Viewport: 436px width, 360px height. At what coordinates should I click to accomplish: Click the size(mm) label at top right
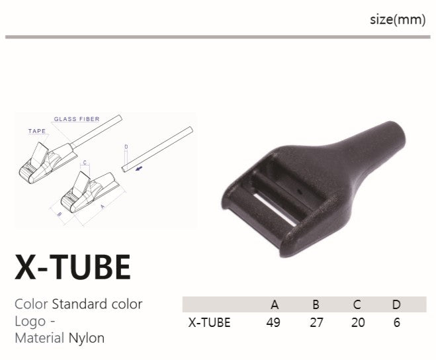coord(398,19)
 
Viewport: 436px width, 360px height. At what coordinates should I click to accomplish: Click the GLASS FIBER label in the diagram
coord(77,119)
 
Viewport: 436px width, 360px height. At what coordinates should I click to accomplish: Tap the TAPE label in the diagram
coord(37,131)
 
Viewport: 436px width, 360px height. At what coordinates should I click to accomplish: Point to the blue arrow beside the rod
coord(139,168)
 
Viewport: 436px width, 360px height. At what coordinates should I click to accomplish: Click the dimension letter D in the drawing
coord(126,147)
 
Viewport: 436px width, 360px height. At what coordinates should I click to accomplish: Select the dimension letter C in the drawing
coord(85,163)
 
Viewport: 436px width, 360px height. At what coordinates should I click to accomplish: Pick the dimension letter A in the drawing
coord(103,206)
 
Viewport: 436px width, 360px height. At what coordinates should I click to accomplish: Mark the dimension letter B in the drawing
coord(60,214)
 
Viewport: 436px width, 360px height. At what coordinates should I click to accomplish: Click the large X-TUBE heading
coord(73,267)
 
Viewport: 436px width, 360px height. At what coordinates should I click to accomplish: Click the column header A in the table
coord(275,304)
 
